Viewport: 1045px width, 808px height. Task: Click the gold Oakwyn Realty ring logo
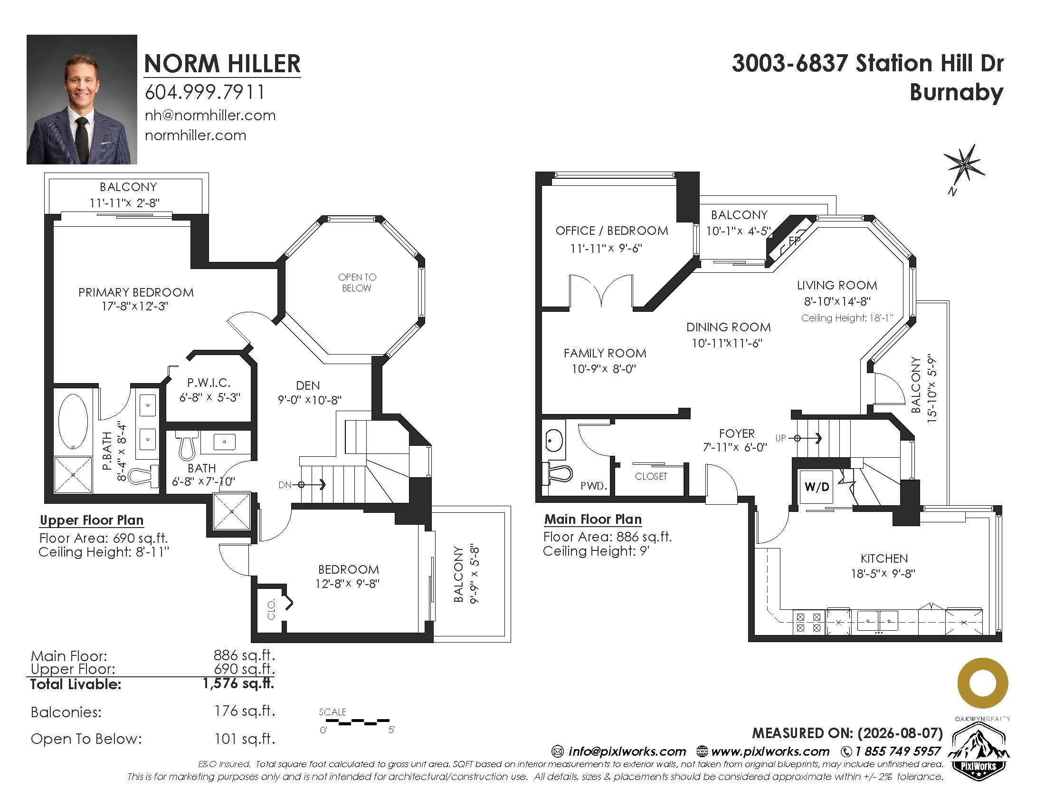tap(982, 683)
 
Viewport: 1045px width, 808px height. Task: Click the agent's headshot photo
tap(82, 99)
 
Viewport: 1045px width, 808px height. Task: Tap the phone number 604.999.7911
tap(205, 92)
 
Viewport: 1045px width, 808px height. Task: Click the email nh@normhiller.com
tap(210, 115)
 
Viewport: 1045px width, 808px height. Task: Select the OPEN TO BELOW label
tap(357, 282)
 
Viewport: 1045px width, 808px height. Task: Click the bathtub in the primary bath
tap(73, 421)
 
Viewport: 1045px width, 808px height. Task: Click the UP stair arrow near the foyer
tap(807, 438)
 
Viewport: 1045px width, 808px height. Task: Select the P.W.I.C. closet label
tap(209, 383)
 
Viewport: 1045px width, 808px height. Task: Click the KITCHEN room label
tap(884, 558)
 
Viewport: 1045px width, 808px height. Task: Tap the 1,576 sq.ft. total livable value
tap(239, 683)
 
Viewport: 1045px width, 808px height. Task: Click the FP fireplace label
tap(795, 241)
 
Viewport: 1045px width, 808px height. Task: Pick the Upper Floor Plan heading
tap(91, 520)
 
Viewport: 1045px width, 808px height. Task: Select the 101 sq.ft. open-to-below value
tap(245, 739)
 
